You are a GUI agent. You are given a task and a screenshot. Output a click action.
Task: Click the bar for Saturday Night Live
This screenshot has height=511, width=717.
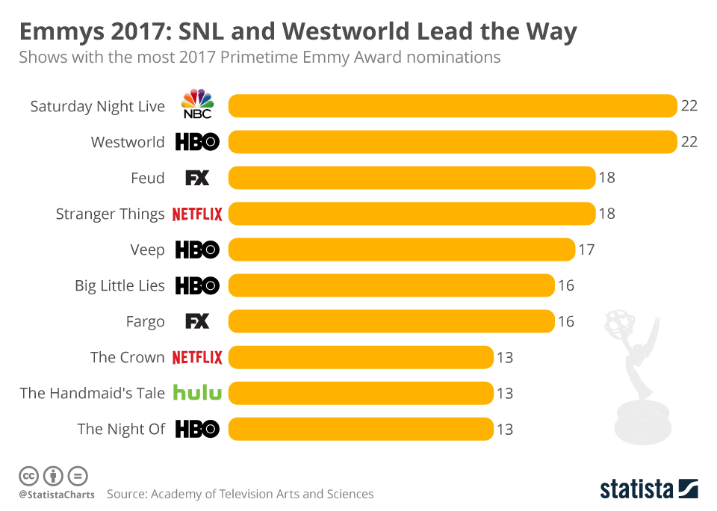452,106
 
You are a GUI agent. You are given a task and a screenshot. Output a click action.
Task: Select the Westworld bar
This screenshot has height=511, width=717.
452,142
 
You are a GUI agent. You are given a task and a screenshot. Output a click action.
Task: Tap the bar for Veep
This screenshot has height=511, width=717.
401,250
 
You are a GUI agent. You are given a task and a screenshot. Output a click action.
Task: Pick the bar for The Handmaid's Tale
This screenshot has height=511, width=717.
361,393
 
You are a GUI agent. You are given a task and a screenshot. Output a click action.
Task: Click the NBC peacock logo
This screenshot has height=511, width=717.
197,104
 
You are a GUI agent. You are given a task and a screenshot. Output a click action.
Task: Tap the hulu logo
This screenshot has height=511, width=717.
197,392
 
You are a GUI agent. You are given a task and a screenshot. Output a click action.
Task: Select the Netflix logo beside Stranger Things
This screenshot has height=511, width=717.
197,214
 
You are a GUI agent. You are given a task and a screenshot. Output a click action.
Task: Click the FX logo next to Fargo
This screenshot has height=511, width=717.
197,321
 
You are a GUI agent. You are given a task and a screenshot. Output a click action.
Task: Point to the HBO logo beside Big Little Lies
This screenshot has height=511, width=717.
197,285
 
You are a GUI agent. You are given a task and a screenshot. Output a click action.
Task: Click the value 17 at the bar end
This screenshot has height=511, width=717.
586,250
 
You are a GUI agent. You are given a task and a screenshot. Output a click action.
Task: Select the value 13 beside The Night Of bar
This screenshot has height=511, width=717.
505,429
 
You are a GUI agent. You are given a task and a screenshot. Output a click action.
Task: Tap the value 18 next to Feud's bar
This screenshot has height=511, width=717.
606,178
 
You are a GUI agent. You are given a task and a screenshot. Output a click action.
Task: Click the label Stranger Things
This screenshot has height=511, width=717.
110,214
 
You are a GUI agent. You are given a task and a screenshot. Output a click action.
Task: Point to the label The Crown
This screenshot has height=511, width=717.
127,357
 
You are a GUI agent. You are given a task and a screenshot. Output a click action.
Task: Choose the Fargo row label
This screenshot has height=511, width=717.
145,322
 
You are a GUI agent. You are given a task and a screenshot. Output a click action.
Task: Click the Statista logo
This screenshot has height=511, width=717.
649,489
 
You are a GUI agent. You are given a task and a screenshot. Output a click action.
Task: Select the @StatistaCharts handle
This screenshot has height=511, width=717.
57,495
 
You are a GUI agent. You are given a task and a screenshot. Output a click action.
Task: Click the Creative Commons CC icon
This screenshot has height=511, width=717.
28,476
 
